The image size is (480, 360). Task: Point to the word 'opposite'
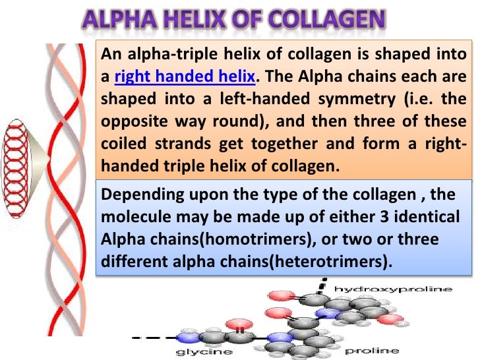(x=129, y=122)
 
